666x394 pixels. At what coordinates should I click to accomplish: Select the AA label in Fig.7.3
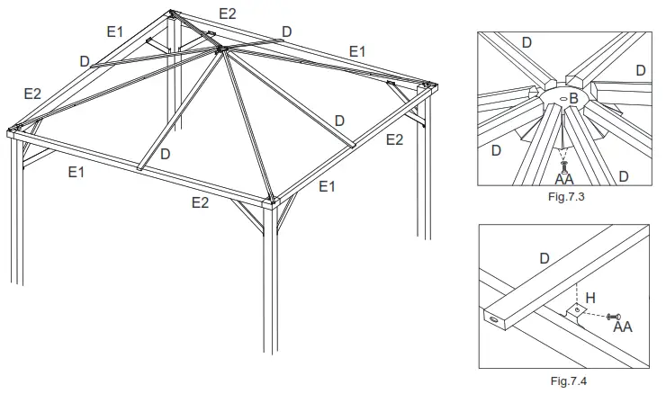pyautogui.click(x=564, y=178)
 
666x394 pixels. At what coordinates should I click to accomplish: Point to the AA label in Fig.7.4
pyautogui.click(x=623, y=326)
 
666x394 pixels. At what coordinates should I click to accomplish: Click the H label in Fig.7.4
pyautogui.click(x=590, y=298)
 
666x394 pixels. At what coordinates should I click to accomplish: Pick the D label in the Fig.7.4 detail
pyautogui.click(x=544, y=258)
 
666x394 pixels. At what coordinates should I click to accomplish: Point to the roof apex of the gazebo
pyautogui.click(x=218, y=51)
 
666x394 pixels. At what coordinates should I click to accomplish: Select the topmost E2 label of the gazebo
pyautogui.click(x=228, y=13)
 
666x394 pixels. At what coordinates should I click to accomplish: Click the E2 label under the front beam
pyautogui.click(x=201, y=202)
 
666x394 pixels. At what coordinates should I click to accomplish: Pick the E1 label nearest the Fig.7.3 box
pyautogui.click(x=357, y=51)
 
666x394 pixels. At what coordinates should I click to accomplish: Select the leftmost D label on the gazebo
pyautogui.click(x=84, y=61)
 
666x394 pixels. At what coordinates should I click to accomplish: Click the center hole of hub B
pyautogui.click(x=562, y=98)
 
